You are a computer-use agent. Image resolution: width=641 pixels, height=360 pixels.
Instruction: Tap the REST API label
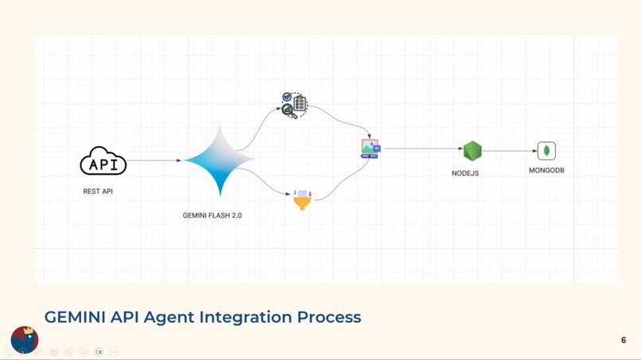98,192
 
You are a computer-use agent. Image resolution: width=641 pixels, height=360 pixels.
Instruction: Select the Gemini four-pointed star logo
219,160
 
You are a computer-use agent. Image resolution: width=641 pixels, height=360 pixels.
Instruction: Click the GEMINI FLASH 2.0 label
212,215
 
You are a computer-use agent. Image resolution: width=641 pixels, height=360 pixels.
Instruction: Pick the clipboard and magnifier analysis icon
294,105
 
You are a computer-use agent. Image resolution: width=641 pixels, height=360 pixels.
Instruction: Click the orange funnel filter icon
302,199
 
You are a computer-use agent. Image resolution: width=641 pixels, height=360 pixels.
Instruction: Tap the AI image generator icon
370,149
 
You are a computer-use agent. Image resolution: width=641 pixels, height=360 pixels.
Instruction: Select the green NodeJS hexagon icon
472,150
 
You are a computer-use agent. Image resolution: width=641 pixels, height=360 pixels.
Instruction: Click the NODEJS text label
465,173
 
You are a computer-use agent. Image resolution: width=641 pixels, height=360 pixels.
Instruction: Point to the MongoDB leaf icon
546,150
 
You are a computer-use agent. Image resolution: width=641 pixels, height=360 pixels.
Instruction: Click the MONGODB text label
546,170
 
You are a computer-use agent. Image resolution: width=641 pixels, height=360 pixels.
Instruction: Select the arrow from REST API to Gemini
154,161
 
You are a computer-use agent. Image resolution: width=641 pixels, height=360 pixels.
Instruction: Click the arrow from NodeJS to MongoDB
509,150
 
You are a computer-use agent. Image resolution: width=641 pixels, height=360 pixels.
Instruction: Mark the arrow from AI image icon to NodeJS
422,149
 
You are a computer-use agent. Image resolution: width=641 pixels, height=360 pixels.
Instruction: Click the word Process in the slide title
329,317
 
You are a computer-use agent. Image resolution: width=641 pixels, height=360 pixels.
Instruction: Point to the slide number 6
624,340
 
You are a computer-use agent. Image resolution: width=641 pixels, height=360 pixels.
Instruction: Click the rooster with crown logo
25,339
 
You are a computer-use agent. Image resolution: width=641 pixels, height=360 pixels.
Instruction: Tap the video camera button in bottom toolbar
99,352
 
